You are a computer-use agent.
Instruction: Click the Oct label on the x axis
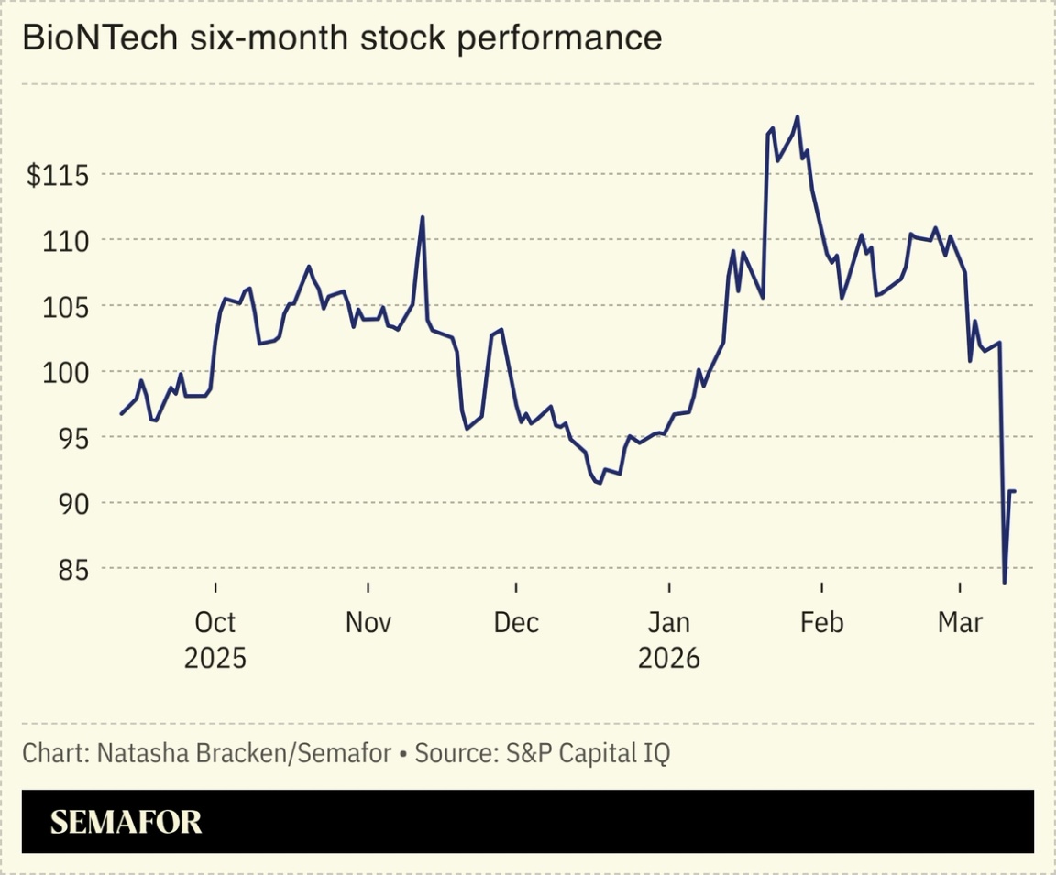point(215,623)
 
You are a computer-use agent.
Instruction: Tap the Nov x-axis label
point(368,623)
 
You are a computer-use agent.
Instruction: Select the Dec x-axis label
point(516,623)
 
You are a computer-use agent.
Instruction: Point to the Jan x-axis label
point(669,623)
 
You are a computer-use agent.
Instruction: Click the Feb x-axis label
point(821,623)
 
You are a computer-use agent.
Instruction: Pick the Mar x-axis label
point(960,623)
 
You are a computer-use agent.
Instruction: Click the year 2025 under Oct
point(215,658)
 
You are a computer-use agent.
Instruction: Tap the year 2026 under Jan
point(669,658)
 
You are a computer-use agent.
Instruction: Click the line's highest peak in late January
point(797,116)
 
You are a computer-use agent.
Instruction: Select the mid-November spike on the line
point(423,217)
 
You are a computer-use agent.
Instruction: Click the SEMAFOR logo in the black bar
point(126,822)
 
